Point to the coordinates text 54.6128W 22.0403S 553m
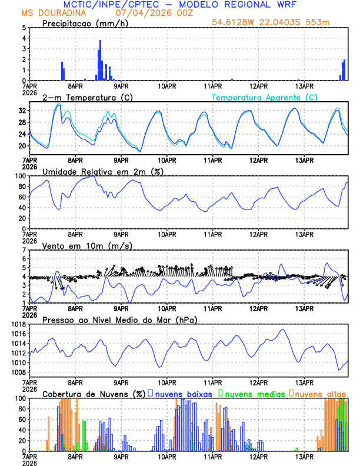[x=271, y=22]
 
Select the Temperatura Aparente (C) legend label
[x=265, y=97]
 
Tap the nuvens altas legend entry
[x=320, y=393]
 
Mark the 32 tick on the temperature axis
[x=22, y=111]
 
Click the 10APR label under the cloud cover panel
[x=167, y=457]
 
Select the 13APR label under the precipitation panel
[x=305, y=86]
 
